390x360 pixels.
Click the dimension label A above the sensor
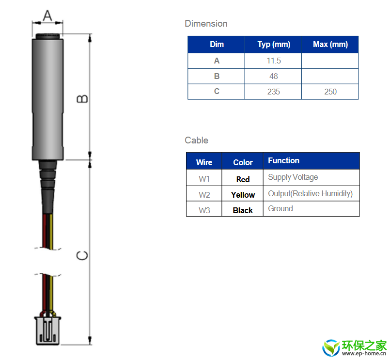click(x=47, y=16)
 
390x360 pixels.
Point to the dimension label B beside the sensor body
click(x=83, y=98)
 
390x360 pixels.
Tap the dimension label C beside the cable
click(x=83, y=255)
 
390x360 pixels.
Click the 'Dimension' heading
click(x=206, y=23)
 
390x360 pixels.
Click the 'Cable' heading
click(x=196, y=140)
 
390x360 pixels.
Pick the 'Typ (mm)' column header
click(x=274, y=45)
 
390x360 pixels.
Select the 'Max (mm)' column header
click(x=330, y=45)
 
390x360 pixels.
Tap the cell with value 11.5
click(x=274, y=61)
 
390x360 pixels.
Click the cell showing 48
click(x=274, y=76)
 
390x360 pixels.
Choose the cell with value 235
click(x=274, y=92)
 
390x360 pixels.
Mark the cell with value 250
click(x=330, y=92)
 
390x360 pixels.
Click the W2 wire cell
click(x=204, y=194)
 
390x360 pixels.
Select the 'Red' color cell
click(x=243, y=179)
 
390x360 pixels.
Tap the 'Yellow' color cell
click(x=243, y=195)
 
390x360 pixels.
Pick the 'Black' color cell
click(x=243, y=210)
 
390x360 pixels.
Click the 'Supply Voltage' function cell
click(x=293, y=177)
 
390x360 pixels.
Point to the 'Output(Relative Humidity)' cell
click(x=310, y=193)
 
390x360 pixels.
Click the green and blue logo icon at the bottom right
click(x=332, y=347)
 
